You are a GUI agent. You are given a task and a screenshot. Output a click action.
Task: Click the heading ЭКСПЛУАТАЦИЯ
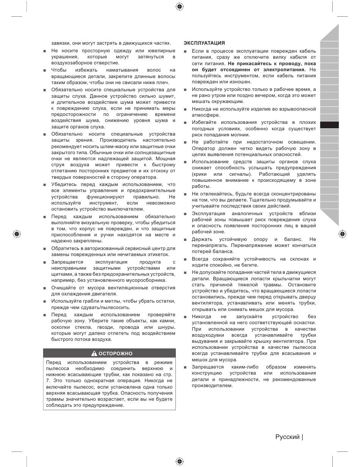click(x=204, y=43)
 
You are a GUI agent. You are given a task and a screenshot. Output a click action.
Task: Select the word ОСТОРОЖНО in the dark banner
click(x=115, y=353)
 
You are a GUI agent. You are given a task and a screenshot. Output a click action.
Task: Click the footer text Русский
click(x=288, y=437)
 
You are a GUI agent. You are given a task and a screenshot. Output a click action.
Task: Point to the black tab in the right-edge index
click(x=329, y=125)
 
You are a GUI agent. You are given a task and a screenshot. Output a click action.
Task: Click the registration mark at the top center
click(x=180, y=6)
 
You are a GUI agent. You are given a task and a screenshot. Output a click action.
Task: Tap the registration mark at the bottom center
click(x=180, y=461)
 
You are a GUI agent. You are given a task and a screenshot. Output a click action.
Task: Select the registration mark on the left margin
click(x=16, y=233)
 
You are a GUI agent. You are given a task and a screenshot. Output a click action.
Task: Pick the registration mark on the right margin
click(x=343, y=233)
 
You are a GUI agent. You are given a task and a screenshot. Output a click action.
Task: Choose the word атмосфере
click(x=206, y=115)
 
